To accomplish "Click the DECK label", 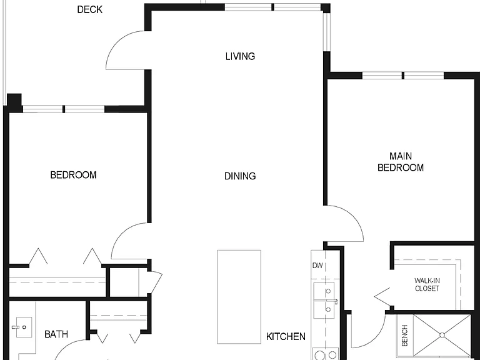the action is pos(90,10).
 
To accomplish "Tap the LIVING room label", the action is pos(240,56).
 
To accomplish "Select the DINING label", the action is pos(240,176).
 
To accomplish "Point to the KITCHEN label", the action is pos(286,337).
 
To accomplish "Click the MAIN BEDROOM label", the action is pos(401,162).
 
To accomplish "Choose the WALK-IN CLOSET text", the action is pos(427,284).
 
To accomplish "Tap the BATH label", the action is pos(56,334).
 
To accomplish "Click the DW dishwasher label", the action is pos(317,266).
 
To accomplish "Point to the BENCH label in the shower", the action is pos(405,336).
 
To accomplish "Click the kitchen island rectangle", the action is pos(239,297).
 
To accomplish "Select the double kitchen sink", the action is pos(324,300).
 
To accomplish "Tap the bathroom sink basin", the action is pos(24,327).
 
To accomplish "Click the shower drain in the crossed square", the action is pos(442,335).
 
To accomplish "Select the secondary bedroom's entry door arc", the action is pos(120,234).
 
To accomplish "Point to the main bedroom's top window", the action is pos(403,75).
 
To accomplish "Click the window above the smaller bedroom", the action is pos(64,109).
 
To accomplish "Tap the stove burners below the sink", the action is pos(326,354).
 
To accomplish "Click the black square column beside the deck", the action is pos(14,102).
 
